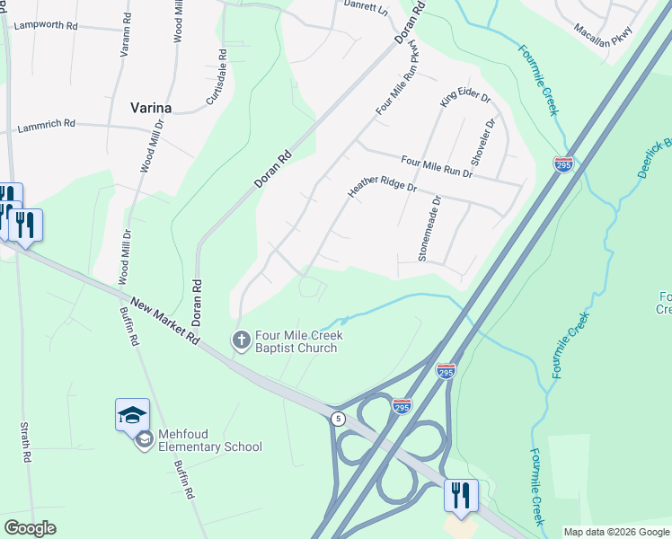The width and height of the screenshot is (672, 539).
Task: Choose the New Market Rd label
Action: coord(164,322)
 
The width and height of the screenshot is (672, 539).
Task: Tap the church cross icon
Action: coord(240,340)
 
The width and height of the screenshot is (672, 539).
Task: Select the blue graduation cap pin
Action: coord(132,415)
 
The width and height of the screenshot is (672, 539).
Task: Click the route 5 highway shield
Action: coord(338,419)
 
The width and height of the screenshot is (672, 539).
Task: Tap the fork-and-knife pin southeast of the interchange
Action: coord(461,496)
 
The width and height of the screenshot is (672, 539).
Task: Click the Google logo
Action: coord(30,528)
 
